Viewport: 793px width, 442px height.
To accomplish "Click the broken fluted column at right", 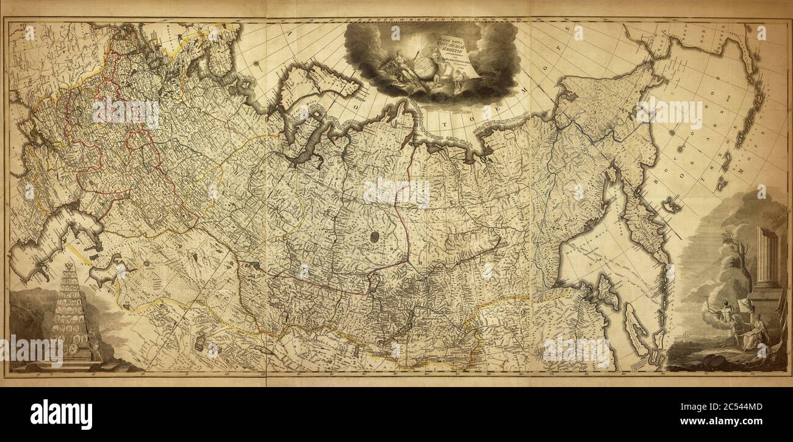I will pyautogui.click(x=767, y=256).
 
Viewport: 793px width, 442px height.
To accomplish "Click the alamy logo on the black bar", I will pyautogui.click(x=61, y=415).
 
